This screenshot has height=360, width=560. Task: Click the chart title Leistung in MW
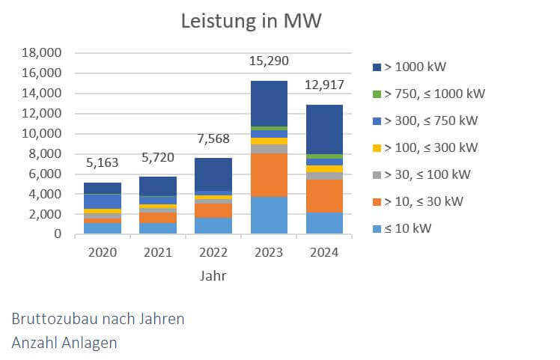point(251,21)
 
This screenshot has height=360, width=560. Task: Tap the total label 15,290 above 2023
point(268,61)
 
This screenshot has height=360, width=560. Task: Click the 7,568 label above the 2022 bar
point(213,138)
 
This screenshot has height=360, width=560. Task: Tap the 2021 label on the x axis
point(157,252)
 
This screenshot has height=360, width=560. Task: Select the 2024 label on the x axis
point(323,252)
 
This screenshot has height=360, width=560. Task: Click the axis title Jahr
point(213,275)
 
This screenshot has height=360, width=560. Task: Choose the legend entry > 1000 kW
point(415,67)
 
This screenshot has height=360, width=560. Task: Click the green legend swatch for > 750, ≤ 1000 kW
point(377,94)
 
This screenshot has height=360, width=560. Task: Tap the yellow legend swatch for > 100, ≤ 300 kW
point(377,147)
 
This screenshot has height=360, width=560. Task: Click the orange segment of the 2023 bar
point(268,174)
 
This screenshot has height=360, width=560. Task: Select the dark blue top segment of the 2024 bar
point(323,129)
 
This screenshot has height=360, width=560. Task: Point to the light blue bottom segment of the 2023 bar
point(268,216)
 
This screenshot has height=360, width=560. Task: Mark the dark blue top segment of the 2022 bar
point(213,174)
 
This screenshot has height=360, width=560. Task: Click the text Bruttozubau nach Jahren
point(98,318)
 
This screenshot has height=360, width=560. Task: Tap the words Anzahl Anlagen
point(64,342)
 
